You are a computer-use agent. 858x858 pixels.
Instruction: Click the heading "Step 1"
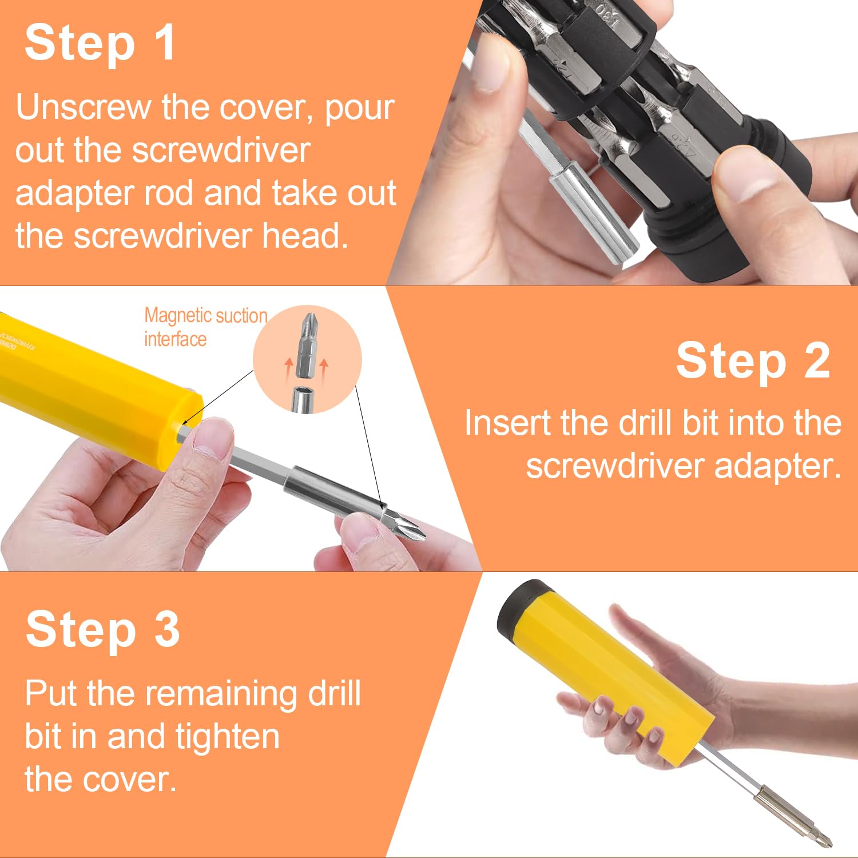pos(100,43)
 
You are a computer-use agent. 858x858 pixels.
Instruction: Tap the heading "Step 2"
pos(753,360)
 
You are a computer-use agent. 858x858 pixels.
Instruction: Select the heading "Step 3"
pos(103,629)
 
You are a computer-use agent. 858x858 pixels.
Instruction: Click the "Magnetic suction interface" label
pos(205,327)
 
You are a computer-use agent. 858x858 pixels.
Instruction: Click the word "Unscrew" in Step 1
pos(82,107)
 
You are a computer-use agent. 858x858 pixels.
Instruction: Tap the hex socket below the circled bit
pos(303,399)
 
